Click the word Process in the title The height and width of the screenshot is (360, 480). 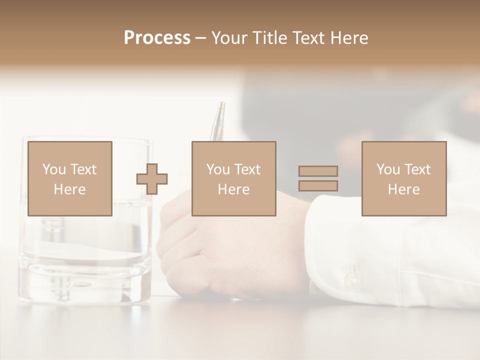click(157, 38)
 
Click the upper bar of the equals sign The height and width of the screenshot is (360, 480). click(318, 171)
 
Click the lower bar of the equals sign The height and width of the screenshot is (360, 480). click(318, 186)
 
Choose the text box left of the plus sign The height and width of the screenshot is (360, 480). click(69, 178)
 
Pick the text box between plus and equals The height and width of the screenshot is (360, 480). click(233, 178)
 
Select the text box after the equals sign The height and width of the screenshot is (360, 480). click(403, 178)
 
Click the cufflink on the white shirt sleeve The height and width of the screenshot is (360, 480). click(353, 277)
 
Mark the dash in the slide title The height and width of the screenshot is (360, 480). click(200, 38)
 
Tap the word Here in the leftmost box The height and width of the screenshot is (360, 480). click(69, 189)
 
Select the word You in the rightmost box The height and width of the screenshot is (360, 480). click(388, 169)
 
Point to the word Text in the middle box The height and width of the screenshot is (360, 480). click(247, 169)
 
